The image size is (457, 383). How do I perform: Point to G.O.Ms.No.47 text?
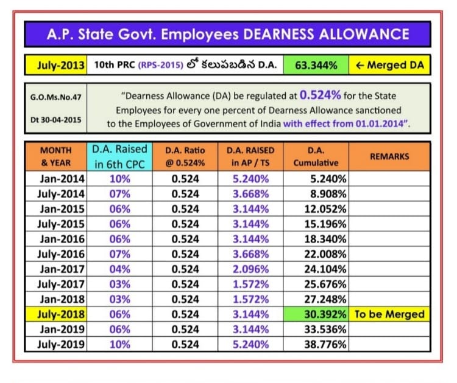(x=54, y=97)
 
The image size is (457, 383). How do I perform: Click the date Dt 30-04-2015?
(x=54, y=119)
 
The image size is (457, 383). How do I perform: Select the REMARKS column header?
(x=389, y=156)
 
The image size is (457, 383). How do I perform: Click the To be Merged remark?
(x=389, y=314)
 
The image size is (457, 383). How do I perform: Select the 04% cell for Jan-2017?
(x=119, y=269)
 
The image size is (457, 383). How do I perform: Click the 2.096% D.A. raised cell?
(x=249, y=269)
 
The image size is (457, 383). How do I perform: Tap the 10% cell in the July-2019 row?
(x=119, y=344)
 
